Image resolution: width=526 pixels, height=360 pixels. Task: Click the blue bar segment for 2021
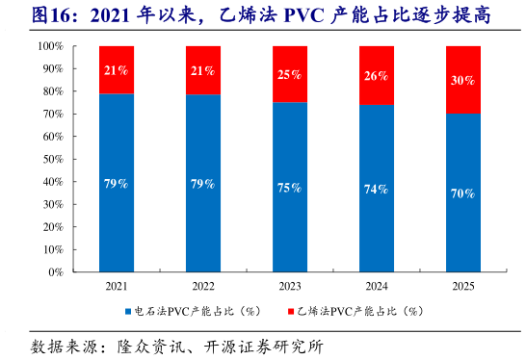(x=117, y=183)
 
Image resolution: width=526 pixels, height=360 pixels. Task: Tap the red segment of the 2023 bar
(x=289, y=74)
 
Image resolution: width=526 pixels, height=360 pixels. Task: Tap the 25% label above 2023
(x=289, y=75)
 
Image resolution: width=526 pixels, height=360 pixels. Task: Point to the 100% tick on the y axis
(x=51, y=46)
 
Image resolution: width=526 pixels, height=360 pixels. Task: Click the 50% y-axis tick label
(x=54, y=159)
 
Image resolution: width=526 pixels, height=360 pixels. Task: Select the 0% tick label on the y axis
(x=57, y=271)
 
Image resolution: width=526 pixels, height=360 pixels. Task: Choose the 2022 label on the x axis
(x=202, y=286)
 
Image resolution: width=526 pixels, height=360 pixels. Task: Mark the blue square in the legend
(x=127, y=312)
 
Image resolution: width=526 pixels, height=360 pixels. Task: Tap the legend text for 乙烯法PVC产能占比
(x=359, y=312)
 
